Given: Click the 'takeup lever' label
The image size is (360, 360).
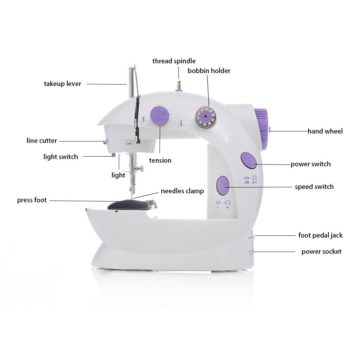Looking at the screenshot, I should pos(63,84).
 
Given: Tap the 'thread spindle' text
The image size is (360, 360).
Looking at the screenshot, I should pos(174,61).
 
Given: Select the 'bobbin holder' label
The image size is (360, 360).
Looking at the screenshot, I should pos(209,71).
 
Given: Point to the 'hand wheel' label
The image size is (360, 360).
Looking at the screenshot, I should pos(325,131).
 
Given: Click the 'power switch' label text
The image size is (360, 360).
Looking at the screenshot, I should pos(311,164).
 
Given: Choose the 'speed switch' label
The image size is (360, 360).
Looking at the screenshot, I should pos(314,186).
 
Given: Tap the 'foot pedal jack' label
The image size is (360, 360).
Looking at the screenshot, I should pos(320,235).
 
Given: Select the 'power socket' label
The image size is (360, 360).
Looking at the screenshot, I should pos(321,251).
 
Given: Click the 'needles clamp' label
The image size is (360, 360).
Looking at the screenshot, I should pos(182,191).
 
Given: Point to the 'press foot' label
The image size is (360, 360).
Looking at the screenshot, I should pos(32,200).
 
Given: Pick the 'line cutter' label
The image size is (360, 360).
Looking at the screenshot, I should pos(42,140).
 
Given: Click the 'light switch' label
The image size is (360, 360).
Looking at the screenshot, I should pos(60,157).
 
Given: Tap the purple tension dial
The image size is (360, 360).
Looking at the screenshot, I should pos(159,116).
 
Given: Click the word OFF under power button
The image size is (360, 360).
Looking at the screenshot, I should pos(255,182).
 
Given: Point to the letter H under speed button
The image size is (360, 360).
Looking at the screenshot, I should pos(228,207).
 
